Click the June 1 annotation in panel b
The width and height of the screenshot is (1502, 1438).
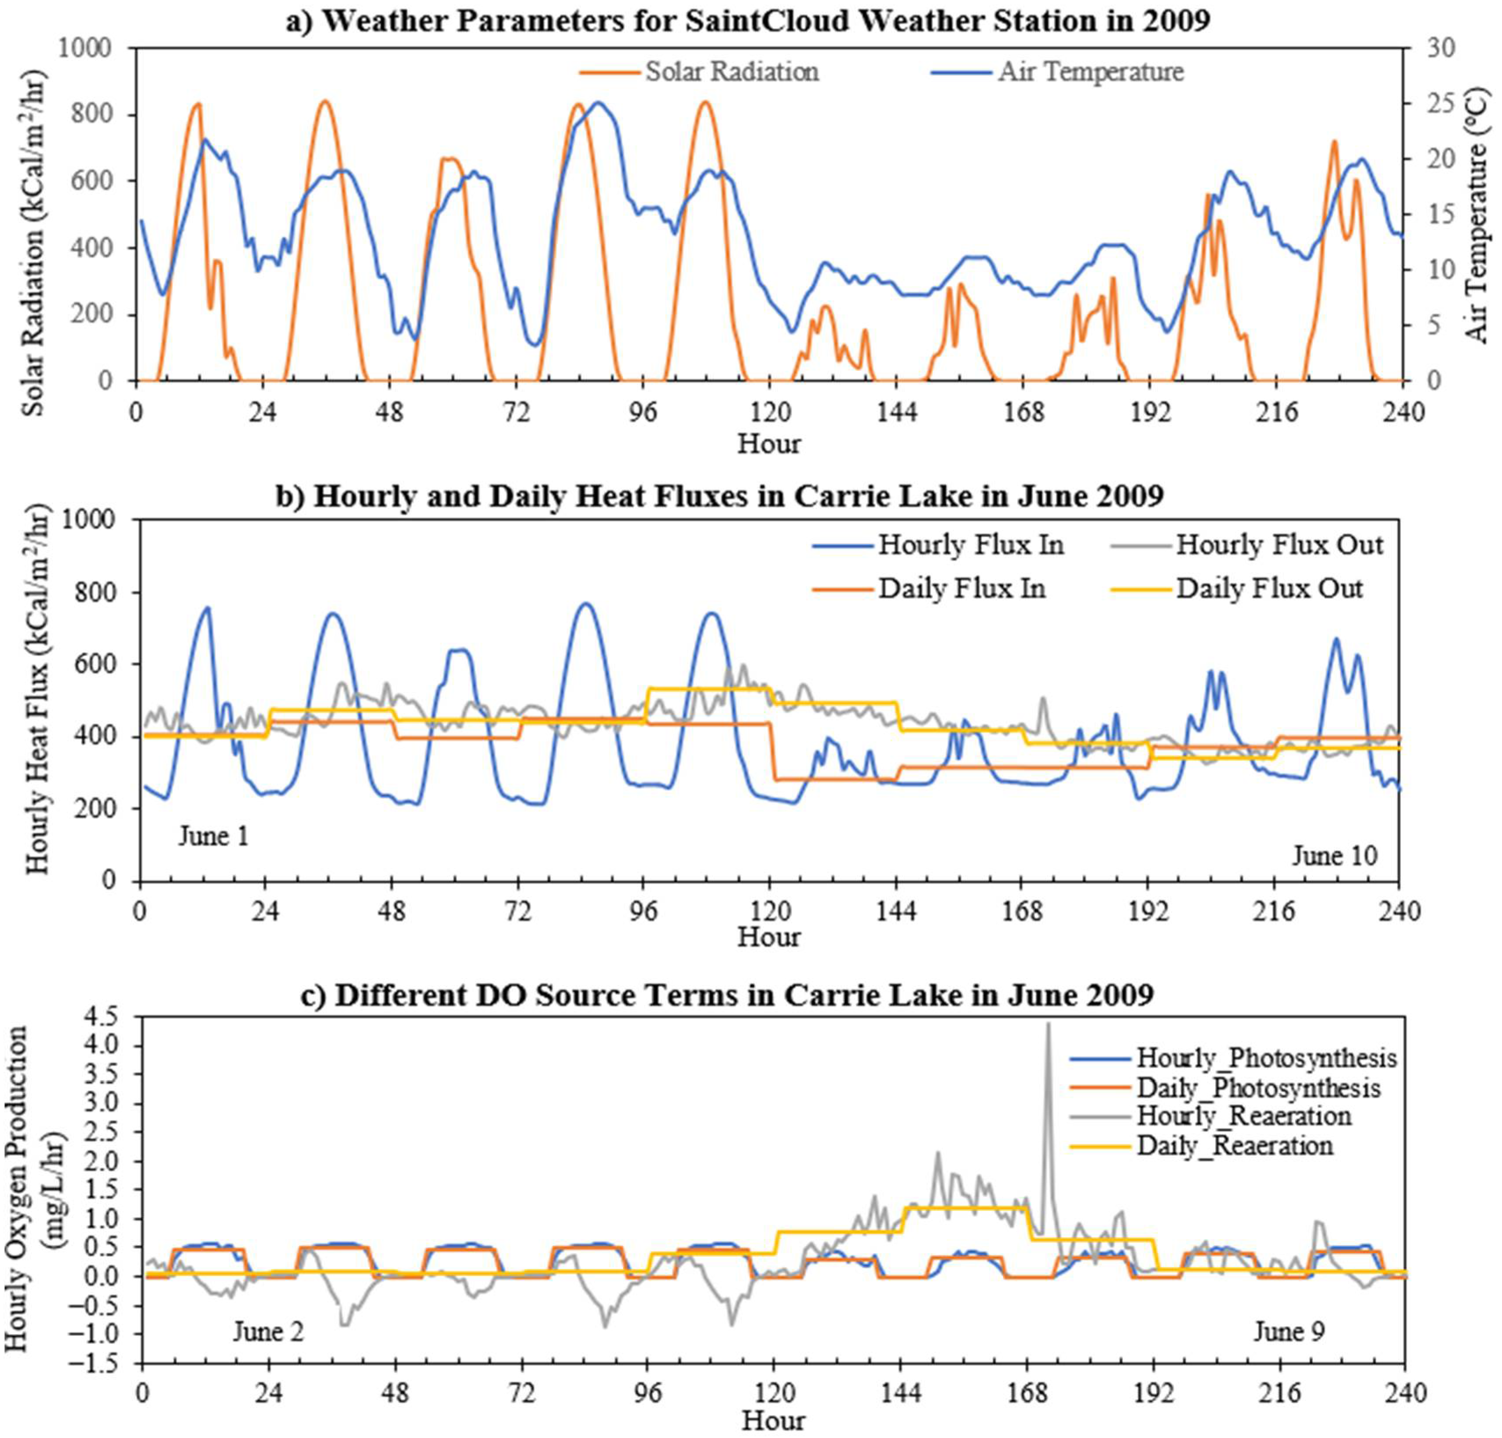coord(214,836)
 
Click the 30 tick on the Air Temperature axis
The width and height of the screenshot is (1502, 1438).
coord(1441,48)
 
